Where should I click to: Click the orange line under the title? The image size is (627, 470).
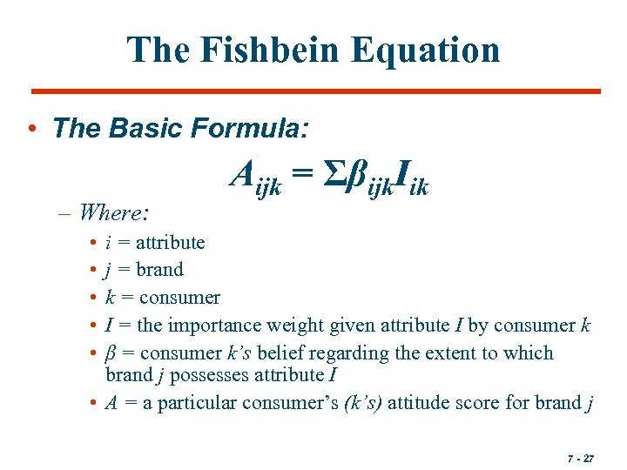tap(315, 91)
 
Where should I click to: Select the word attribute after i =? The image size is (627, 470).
tap(170, 242)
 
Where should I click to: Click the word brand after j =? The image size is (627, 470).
tap(159, 270)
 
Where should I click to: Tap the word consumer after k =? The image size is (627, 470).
tap(179, 298)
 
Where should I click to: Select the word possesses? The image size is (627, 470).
tap(207, 375)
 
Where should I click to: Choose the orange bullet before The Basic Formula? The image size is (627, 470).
tap(31, 130)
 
